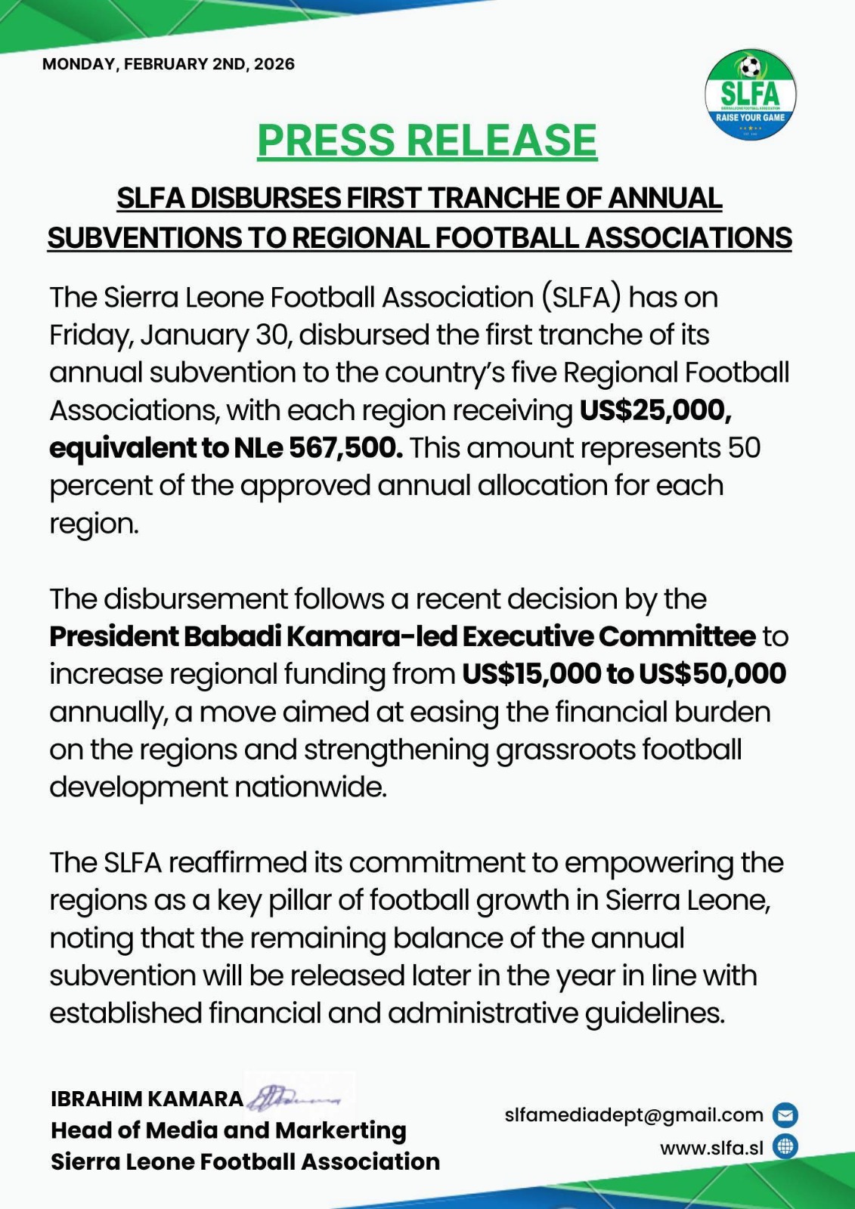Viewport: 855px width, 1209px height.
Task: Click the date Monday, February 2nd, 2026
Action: pos(168,64)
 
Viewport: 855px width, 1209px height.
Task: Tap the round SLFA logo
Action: pos(750,95)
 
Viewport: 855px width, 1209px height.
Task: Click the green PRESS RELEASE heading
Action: pos(427,141)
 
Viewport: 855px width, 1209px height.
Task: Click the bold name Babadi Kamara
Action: pos(283,636)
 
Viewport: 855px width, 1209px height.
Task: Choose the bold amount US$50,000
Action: pos(712,674)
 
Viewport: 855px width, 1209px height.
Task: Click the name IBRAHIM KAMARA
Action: pos(147,1099)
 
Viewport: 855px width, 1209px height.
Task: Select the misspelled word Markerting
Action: pos(341,1130)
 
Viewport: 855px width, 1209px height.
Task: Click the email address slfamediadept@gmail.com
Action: pos(634,1115)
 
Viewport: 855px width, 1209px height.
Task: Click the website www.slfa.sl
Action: pos(711,1149)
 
